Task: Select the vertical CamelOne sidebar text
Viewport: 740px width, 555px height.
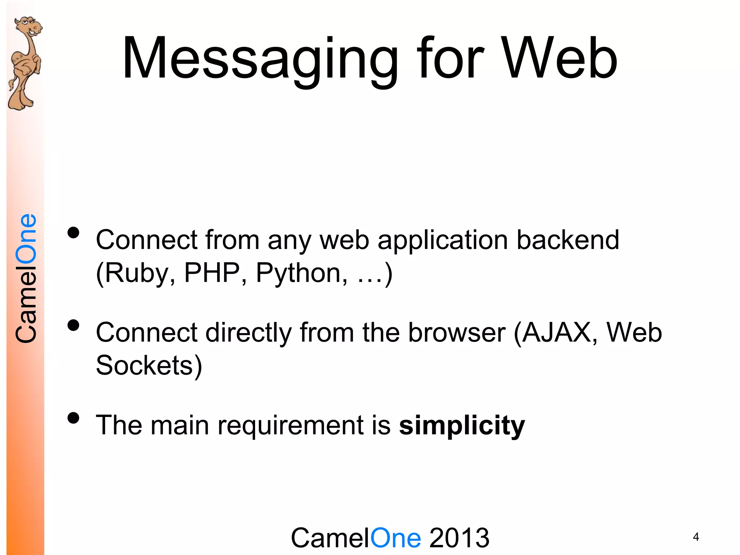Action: coord(26,278)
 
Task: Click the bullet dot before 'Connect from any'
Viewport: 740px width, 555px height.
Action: coord(73,233)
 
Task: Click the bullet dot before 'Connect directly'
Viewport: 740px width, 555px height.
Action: coord(73,326)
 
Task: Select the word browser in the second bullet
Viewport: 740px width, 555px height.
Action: coord(457,332)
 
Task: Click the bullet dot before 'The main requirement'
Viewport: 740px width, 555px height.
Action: coord(73,418)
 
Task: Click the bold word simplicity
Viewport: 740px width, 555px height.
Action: coord(462,425)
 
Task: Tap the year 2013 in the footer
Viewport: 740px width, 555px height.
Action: coord(459,538)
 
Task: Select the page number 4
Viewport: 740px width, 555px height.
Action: coord(696,537)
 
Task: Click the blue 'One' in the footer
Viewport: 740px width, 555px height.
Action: coord(396,538)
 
